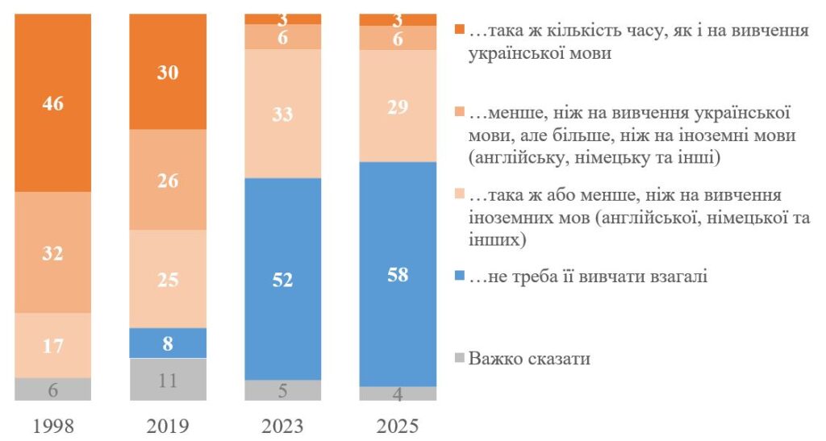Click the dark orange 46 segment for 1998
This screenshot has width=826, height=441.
pyautogui.click(x=53, y=103)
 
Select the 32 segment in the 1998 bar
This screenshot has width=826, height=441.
pyautogui.click(x=53, y=252)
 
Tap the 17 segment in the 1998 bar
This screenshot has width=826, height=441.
pyautogui.click(x=53, y=345)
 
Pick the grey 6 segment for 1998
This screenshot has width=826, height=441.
pyautogui.click(x=53, y=389)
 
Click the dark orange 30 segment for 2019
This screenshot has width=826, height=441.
pyautogui.click(x=168, y=72)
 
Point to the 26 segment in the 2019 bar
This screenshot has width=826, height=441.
pyautogui.click(x=168, y=180)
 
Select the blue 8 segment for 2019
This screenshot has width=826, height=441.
pyautogui.click(x=168, y=343)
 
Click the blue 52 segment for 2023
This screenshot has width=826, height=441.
pyautogui.click(x=283, y=279)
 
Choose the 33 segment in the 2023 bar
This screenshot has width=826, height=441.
pyautogui.click(x=283, y=114)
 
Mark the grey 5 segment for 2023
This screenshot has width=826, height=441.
pyautogui.click(x=283, y=390)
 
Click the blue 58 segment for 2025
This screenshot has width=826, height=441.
pyautogui.click(x=398, y=274)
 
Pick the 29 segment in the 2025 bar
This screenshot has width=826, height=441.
pyautogui.click(x=398, y=106)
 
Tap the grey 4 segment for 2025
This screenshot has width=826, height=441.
pyautogui.click(x=398, y=393)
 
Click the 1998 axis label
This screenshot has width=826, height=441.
pyautogui.click(x=53, y=425)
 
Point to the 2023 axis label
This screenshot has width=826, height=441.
pyautogui.click(x=283, y=425)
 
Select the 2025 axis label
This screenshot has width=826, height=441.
pyautogui.click(x=398, y=425)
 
